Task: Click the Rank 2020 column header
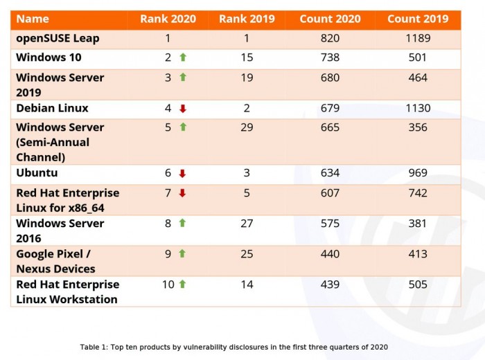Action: pyautogui.click(x=168, y=19)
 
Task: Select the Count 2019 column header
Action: pyautogui.click(x=417, y=19)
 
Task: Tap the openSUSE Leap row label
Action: pyautogui.click(x=58, y=38)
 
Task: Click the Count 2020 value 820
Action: pyautogui.click(x=330, y=38)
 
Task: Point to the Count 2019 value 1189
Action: pyautogui.click(x=417, y=38)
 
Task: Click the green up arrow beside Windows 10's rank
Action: pyautogui.click(x=183, y=57)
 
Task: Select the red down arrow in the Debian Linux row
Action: pyautogui.click(x=183, y=108)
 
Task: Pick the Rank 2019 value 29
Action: pyautogui.click(x=246, y=127)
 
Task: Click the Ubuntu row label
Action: pyautogui.click(x=37, y=173)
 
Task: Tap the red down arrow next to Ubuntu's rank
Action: pyautogui.click(x=183, y=173)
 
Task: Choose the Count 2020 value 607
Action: pyautogui.click(x=330, y=193)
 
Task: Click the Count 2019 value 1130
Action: pyautogui.click(x=417, y=108)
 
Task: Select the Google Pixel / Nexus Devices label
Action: pyautogui.click(x=56, y=261)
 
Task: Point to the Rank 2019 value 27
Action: pyautogui.click(x=246, y=223)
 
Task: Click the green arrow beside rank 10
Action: pyautogui.click(x=183, y=284)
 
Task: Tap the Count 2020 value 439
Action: pyautogui.click(x=330, y=284)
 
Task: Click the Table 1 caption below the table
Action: pyautogui.click(x=233, y=346)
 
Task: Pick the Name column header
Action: pyautogui.click(x=33, y=19)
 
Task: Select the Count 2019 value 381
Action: pyautogui.click(x=417, y=223)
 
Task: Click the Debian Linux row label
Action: pyautogui.click(x=52, y=108)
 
